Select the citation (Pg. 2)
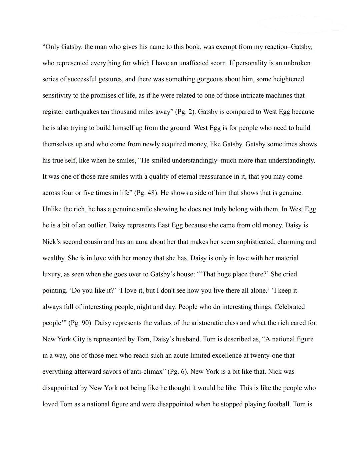point(185,112)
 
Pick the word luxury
point(51,274)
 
